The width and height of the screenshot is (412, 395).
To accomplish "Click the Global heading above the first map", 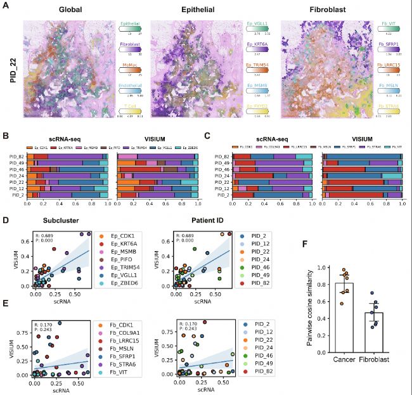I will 62,11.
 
